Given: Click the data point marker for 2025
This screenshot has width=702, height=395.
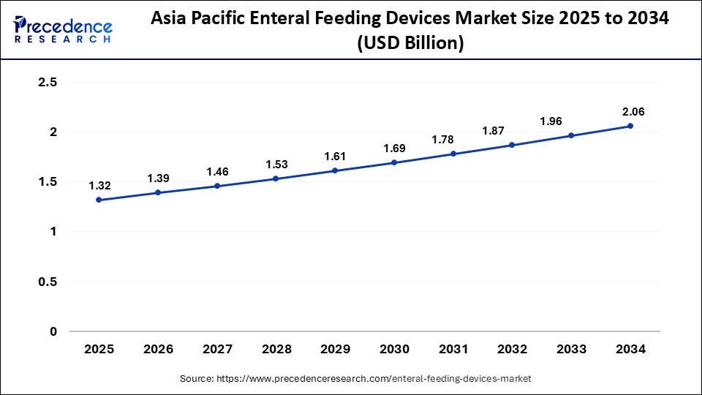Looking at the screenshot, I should [99, 200].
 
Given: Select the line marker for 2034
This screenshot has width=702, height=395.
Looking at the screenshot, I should [630, 126].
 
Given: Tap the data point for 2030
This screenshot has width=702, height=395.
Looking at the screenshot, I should [394, 162].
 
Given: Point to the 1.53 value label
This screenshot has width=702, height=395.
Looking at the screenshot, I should [276, 164].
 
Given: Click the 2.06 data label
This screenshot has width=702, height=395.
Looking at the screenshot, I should [630, 111].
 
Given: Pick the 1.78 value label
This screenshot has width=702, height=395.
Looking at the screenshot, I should [453, 139].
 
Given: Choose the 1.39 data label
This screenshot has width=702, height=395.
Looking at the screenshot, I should [158, 178].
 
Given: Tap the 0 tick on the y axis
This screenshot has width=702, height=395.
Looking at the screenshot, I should [53, 331].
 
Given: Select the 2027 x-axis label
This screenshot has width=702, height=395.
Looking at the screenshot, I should [217, 350].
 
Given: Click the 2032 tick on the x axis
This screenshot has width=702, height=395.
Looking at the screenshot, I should [513, 350].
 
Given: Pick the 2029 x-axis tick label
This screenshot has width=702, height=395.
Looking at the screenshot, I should [336, 350].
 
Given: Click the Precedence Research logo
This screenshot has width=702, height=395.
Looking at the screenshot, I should [63, 29].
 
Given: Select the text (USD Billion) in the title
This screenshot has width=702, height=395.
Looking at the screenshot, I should [409, 44].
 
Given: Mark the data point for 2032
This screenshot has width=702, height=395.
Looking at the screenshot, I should [513, 145].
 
